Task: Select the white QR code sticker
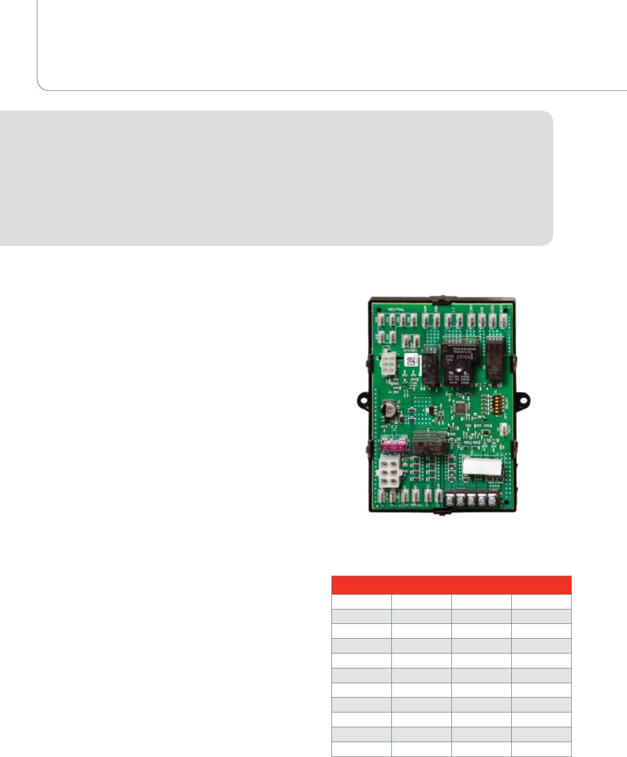[411, 360]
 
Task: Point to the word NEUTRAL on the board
[396, 310]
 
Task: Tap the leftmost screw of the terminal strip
[449, 499]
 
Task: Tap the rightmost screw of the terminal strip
[492, 499]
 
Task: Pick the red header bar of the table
[451, 585]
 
